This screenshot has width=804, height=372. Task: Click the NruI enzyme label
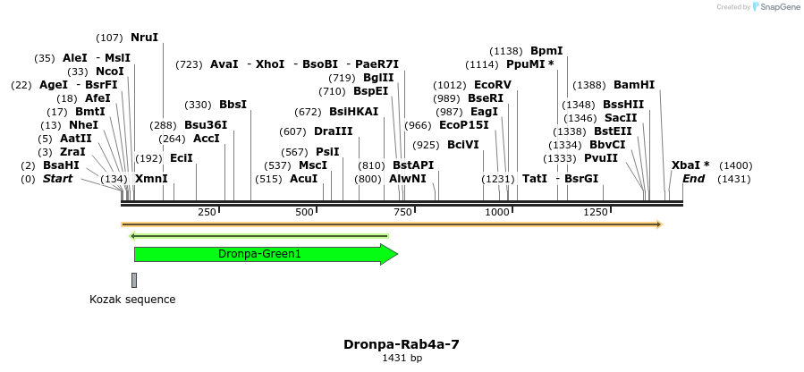pyautogui.click(x=144, y=38)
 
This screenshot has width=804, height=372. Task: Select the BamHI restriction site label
pyautogui.click(x=633, y=85)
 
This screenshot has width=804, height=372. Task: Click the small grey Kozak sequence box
pyautogui.click(x=134, y=280)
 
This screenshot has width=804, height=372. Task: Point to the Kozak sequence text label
pyautogui.click(x=132, y=300)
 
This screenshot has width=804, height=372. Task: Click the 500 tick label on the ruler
pyautogui.click(x=305, y=212)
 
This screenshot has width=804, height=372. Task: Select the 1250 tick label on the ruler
pyautogui.click(x=596, y=212)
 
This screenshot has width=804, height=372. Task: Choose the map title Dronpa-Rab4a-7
pyautogui.click(x=402, y=344)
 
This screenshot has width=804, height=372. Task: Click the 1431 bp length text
pyautogui.click(x=402, y=359)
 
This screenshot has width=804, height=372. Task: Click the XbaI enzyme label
pyautogui.click(x=690, y=165)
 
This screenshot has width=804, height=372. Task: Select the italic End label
pyautogui.click(x=693, y=179)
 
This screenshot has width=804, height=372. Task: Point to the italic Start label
pyautogui.click(x=57, y=179)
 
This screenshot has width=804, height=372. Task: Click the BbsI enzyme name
pyautogui.click(x=233, y=105)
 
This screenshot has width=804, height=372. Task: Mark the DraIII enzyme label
pyautogui.click(x=333, y=131)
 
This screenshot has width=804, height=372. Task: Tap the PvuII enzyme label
pyautogui.click(x=600, y=158)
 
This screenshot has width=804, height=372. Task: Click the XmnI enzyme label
pyautogui.click(x=151, y=179)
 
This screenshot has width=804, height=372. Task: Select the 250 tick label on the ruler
pyautogui.click(x=207, y=212)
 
